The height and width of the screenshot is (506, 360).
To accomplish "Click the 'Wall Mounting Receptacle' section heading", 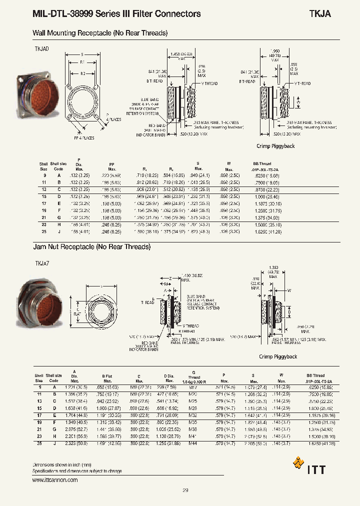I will pyautogui.click(x=100, y=33).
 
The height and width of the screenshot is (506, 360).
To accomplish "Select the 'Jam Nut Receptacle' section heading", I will pyautogui.click(x=91, y=247).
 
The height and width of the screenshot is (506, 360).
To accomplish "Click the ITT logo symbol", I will pyautogui.click(x=298, y=462).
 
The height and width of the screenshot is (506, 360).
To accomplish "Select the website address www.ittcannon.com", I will pyautogui.click(x=55, y=480).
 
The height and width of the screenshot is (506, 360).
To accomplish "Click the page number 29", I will pyautogui.click(x=185, y=491).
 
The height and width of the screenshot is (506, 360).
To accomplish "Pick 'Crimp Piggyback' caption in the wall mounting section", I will pyautogui.click(x=275, y=146).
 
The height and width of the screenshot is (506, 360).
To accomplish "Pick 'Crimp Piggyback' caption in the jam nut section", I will pyautogui.click(x=278, y=356).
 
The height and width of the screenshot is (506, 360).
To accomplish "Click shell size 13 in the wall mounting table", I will pyautogui.click(x=44, y=190).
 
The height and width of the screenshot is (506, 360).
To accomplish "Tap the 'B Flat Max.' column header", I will pyautogui.click(x=107, y=378).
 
